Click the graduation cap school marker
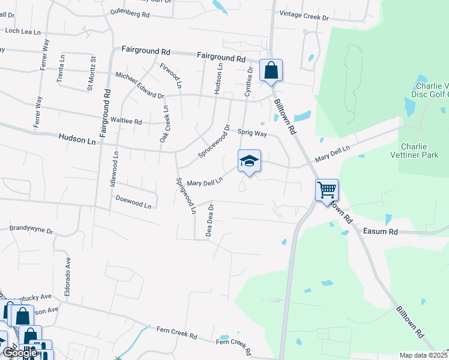(x=249, y=161)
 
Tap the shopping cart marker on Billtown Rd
(x=327, y=191)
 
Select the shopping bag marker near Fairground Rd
(x=271, y=70)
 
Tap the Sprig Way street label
(x=252, y=133)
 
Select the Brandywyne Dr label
(x=32, y=230)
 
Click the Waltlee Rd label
(x=126, y=121)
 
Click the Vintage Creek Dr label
(x=305, y=18)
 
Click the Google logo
(x=19, y=353)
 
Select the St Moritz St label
(x=92, y=73)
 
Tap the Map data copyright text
(x=424, y=355)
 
